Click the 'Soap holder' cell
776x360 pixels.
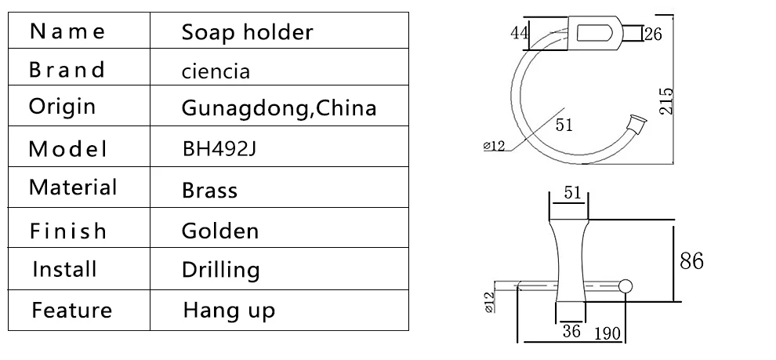(x=247, y=32)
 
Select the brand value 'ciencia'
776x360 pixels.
(x=216, y=71)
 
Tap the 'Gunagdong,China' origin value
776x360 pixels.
(x=279, y=107)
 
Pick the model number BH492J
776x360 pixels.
(x=219, y=148)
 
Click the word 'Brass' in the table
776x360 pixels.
(x=210, y=190)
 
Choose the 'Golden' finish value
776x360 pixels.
(x=220, y=231)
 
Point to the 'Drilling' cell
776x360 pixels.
(x=221, y=270)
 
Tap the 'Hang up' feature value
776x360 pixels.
(x=229, y=311)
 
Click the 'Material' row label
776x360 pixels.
(x=73, y=187)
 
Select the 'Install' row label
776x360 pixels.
(x=64, y=269)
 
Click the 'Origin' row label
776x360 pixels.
(x=62, y=106)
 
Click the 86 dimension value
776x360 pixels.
(x=691, y=260)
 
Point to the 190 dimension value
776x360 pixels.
(x=607, y=334)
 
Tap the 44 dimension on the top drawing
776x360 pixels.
(x=520, y=33)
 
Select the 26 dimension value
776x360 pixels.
(x=653, y=35)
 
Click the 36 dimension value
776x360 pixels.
(x=571, y=330)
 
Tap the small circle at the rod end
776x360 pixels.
(x=626, y=286)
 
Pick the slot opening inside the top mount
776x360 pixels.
(x=594, y=33)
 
